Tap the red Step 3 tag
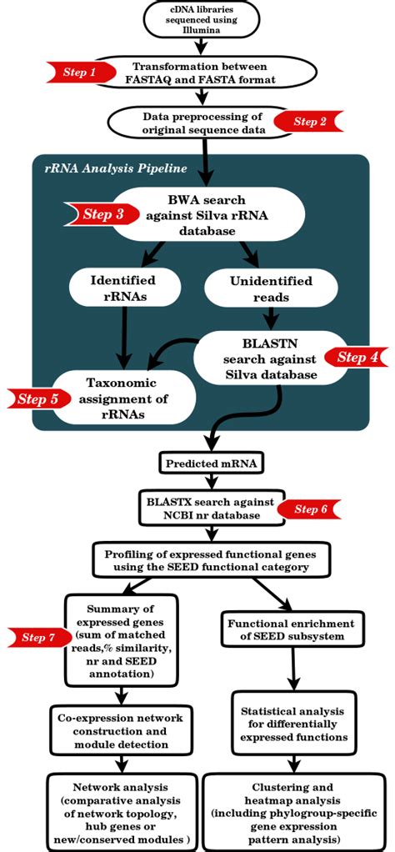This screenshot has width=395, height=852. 101,214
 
